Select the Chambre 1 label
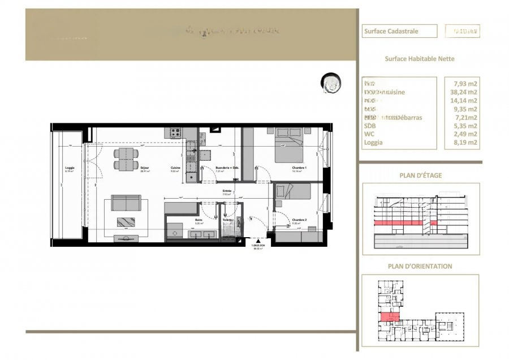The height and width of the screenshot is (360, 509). coord(299,168)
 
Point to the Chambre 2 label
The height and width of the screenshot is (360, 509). coord(299,220)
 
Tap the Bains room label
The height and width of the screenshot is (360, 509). coord(199,220)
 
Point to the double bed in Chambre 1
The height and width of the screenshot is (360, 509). coord(290,146)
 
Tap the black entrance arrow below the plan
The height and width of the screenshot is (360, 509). coord(259,241)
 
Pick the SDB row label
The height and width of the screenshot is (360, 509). coord(370,126)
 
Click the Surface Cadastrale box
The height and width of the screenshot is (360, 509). coord(399,31)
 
